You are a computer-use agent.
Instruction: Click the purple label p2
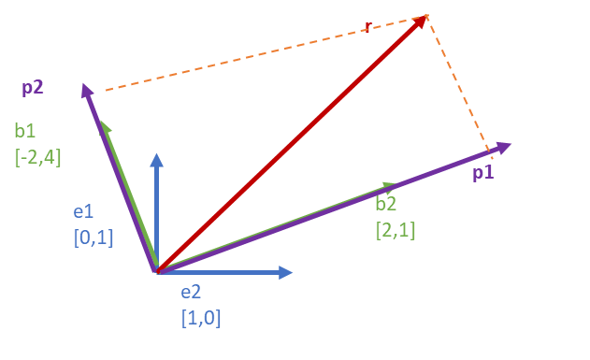coord(33,88)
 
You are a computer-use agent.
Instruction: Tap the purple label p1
coord(483,173)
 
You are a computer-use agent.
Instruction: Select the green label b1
coord(25,131)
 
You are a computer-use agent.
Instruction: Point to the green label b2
coord(386,204)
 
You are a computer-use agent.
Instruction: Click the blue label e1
coord(83,211)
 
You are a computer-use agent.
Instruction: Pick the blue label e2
coord(191,293)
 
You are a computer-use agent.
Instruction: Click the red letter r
coord(368,27)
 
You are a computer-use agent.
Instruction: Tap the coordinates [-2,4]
coord(37,157)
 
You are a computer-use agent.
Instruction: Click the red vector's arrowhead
coord(421,22)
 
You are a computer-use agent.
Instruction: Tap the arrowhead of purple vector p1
coord(503,147)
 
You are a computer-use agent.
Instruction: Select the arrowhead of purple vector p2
coord(87,91)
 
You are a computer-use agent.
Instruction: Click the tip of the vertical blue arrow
coord(156,153)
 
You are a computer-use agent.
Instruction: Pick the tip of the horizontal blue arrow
coord(293,272)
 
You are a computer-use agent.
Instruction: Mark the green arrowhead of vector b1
coord(105,127)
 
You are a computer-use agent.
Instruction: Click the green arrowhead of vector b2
coord(390,185)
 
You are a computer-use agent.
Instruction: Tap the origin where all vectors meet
coord(158,271)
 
